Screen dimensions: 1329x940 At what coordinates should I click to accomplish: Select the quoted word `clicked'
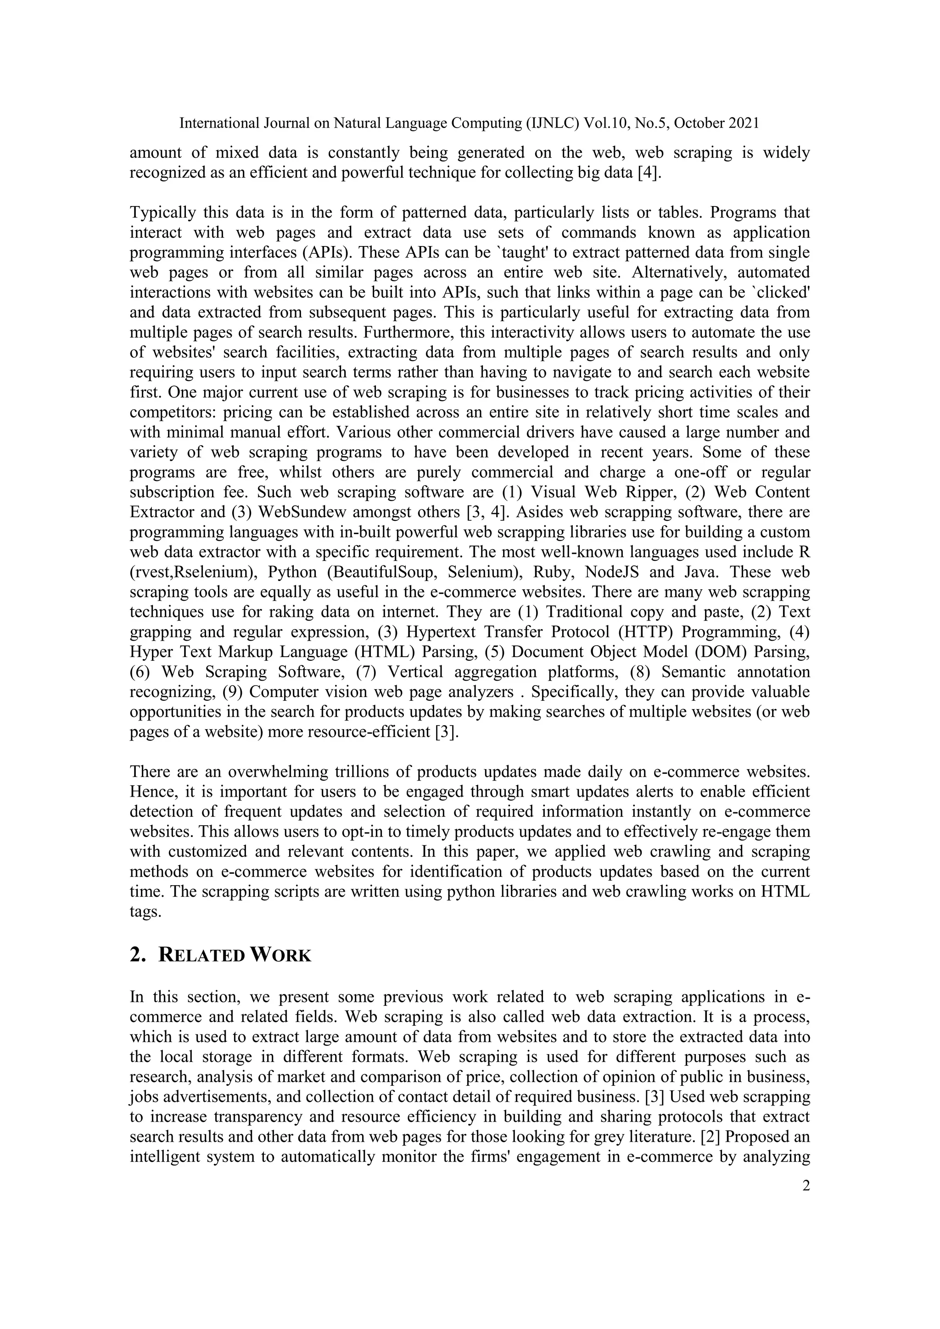(x=778, y=292)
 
